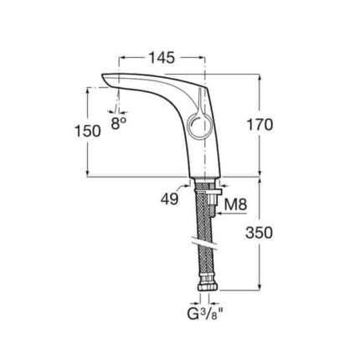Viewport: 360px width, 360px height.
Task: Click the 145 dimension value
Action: click(162, 58)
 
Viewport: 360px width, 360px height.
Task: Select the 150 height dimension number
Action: click(88, 131)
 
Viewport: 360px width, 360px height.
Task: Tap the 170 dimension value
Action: click(260, 125)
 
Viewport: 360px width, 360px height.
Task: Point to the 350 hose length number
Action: click(259, 233)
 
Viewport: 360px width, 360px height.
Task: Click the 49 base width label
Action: click(169, 199)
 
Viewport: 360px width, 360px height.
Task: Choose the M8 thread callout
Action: click(236, 205)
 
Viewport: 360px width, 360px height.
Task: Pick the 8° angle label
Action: click(118, 123)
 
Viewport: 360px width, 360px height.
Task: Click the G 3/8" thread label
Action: click(205, 314)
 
